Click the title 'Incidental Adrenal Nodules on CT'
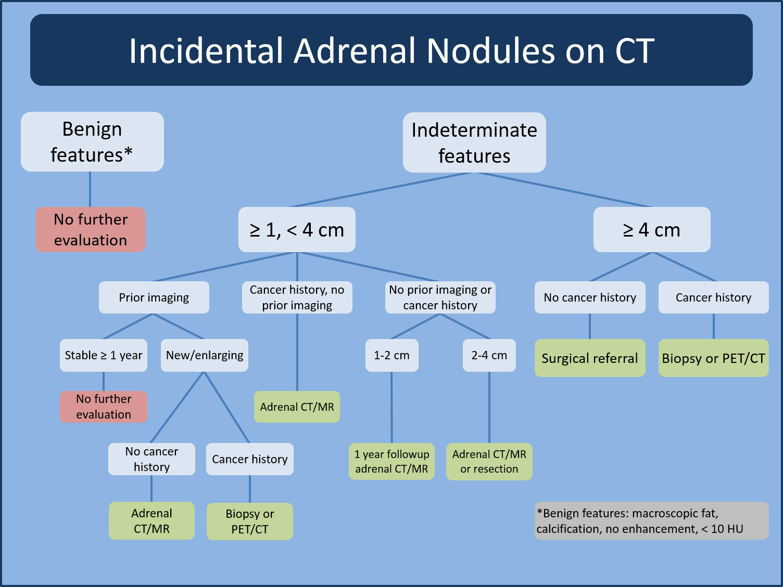point(391,50)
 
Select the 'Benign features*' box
point(92,141)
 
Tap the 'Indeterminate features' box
point(474,142)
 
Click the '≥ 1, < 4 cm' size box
point(297,230)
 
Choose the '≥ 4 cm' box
point(652,230)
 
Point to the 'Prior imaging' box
point(154,297)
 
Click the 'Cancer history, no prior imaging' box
point(297,297)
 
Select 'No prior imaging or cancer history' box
point(440,297)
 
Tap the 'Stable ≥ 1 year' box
point(104,355)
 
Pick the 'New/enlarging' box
point(205,355)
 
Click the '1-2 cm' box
point(392,355)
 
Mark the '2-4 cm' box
point(489,355)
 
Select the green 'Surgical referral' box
point(589,358)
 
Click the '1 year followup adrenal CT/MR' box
point(392,461)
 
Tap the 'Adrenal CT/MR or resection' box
point(489,461)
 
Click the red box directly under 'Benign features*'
point(91,230)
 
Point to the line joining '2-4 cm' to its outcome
point(489,407)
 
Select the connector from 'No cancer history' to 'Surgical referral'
point(590,326)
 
